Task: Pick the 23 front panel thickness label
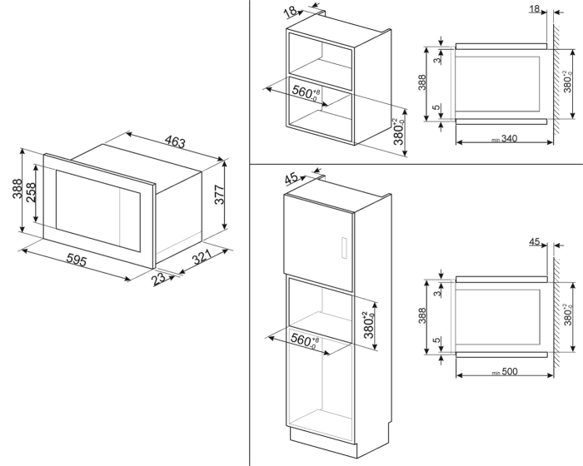160,281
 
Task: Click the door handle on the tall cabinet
341,249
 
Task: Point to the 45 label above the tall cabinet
291,178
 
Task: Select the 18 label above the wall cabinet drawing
289,12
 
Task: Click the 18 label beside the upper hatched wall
534,9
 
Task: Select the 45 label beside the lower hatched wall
535,242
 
